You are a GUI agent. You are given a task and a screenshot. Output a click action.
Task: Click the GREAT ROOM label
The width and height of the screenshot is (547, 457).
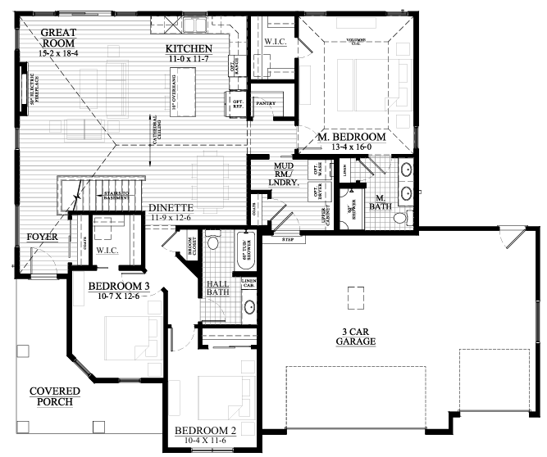click(58, 38)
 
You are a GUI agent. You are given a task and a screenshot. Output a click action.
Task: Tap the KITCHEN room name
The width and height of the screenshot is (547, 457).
click(189, 48)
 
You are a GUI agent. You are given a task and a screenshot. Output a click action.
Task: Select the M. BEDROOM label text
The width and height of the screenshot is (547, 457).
click(351, 137)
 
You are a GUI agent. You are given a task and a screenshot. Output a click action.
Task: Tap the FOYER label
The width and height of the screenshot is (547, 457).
click(42, 238)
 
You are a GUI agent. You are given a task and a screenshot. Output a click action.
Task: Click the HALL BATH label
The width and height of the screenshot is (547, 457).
click(217, 287)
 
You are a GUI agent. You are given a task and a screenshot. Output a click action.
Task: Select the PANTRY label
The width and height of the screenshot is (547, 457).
click(266, 104)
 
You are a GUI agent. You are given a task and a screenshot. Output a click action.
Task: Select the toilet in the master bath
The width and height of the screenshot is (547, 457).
click(399, 218)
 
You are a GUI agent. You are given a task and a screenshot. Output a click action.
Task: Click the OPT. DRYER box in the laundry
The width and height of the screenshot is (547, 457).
click(317, 192)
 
